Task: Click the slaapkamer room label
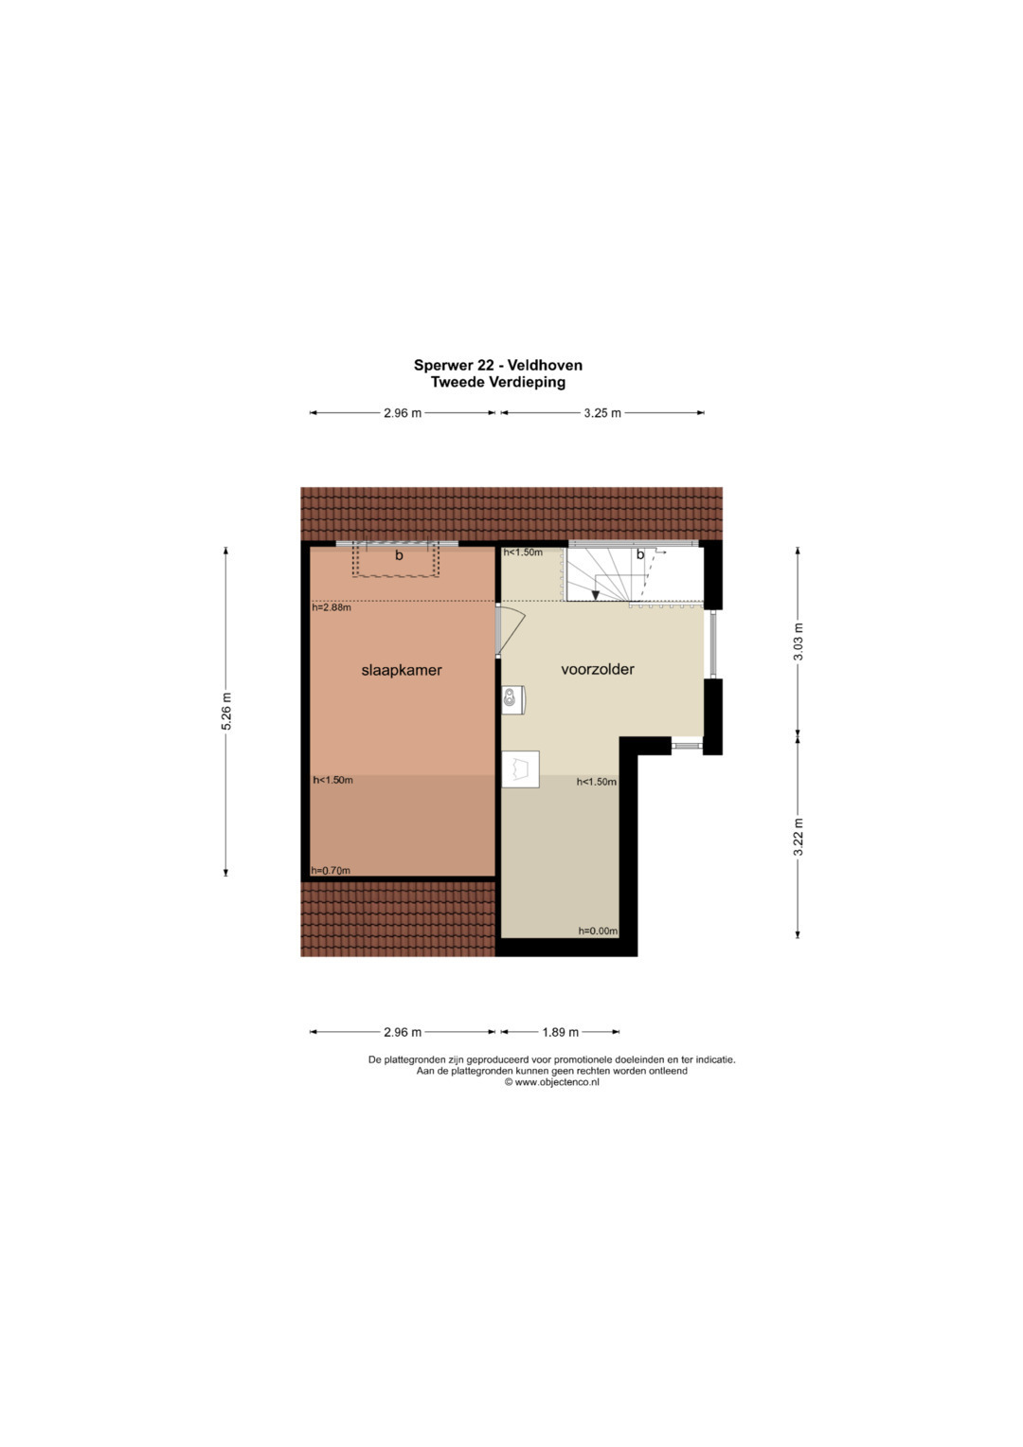pos(401,670)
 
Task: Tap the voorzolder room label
pos(598,669)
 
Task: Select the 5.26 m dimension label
pos(226,711)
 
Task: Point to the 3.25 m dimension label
pos(602,413)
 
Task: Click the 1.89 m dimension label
pos(561,1032)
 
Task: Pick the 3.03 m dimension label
pos(799,642)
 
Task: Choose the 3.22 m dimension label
pos(799,837)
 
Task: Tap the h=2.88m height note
pos(332,607)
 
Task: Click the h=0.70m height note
pos(331,870)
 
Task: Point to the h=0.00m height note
pos(598,931)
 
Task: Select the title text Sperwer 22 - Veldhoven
pos(498,365)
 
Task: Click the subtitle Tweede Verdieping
pos(498,382)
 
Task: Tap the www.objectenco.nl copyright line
pos(551,1082)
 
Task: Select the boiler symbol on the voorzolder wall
pos(512,699)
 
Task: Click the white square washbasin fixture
pos(521,769)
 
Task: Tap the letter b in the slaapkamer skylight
pos(399,555)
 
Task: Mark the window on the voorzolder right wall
pos(713,644)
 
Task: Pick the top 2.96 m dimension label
pos(403,413)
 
